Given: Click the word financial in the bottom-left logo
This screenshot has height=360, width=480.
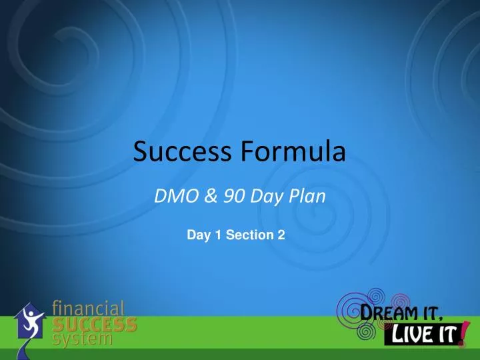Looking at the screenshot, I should coord(87,309).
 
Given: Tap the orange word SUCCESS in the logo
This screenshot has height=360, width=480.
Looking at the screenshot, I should coord(94,325).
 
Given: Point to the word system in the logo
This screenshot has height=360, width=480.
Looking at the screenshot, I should coord(83,340).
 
